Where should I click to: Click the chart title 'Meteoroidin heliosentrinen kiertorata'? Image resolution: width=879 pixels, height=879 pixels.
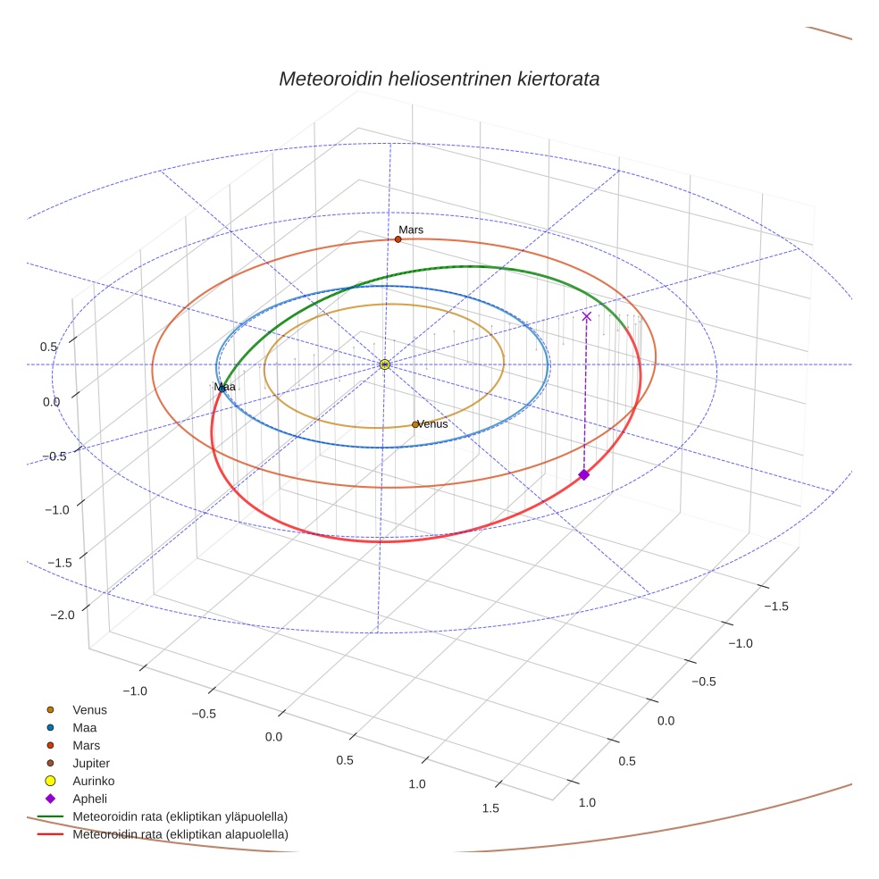click(x=439, y=79)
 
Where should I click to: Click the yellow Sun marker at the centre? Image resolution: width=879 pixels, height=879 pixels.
click(x=384, y=364)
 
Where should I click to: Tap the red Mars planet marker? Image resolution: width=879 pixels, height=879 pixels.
click(x=398, y=239)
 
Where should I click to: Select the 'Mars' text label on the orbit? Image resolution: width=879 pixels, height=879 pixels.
click(x=411, y=230)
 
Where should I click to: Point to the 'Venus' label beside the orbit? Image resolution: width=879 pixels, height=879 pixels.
click(x=433, y=424)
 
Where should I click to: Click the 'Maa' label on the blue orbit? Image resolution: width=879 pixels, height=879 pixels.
click(x=224, y=387)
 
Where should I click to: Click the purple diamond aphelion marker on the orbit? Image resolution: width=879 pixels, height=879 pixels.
click(x=583, y=474)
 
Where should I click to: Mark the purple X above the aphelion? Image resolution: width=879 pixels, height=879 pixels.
click(x=586, y=316)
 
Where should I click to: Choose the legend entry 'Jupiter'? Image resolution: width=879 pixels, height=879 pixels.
click(x=91, y=763)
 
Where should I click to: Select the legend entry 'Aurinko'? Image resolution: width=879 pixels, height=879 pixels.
click(x=93, y=781)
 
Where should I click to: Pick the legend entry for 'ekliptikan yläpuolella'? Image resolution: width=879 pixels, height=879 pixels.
click(x=180, y=816)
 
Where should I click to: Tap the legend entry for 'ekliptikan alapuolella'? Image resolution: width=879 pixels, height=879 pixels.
click(x=180, y=834)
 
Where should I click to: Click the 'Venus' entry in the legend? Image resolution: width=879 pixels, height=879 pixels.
click(x=89, y=709)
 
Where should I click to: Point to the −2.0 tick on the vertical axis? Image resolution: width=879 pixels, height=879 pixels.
click(x=63, y=615)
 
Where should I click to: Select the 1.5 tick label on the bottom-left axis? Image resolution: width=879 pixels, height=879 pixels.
click(x=490, y=808)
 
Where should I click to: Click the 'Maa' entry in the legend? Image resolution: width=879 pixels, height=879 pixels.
click(x=85, y=727)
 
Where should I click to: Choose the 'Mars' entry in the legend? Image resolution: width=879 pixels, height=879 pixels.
click(x=86, y=745)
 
